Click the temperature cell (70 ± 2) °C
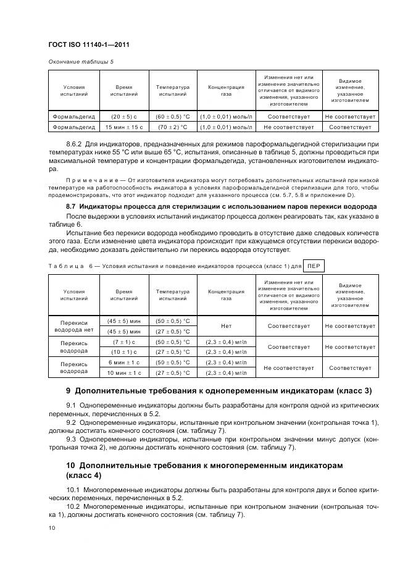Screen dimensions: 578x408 [172, 127]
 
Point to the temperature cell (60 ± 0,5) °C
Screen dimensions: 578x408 [172, 116]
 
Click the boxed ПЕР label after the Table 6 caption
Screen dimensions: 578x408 [314, 266]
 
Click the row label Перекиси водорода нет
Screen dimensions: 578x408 [73, 326]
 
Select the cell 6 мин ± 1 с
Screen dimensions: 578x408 [124, 362]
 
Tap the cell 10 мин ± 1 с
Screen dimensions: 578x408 [124, 372]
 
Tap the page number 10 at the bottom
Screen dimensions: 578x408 [52, 527]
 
